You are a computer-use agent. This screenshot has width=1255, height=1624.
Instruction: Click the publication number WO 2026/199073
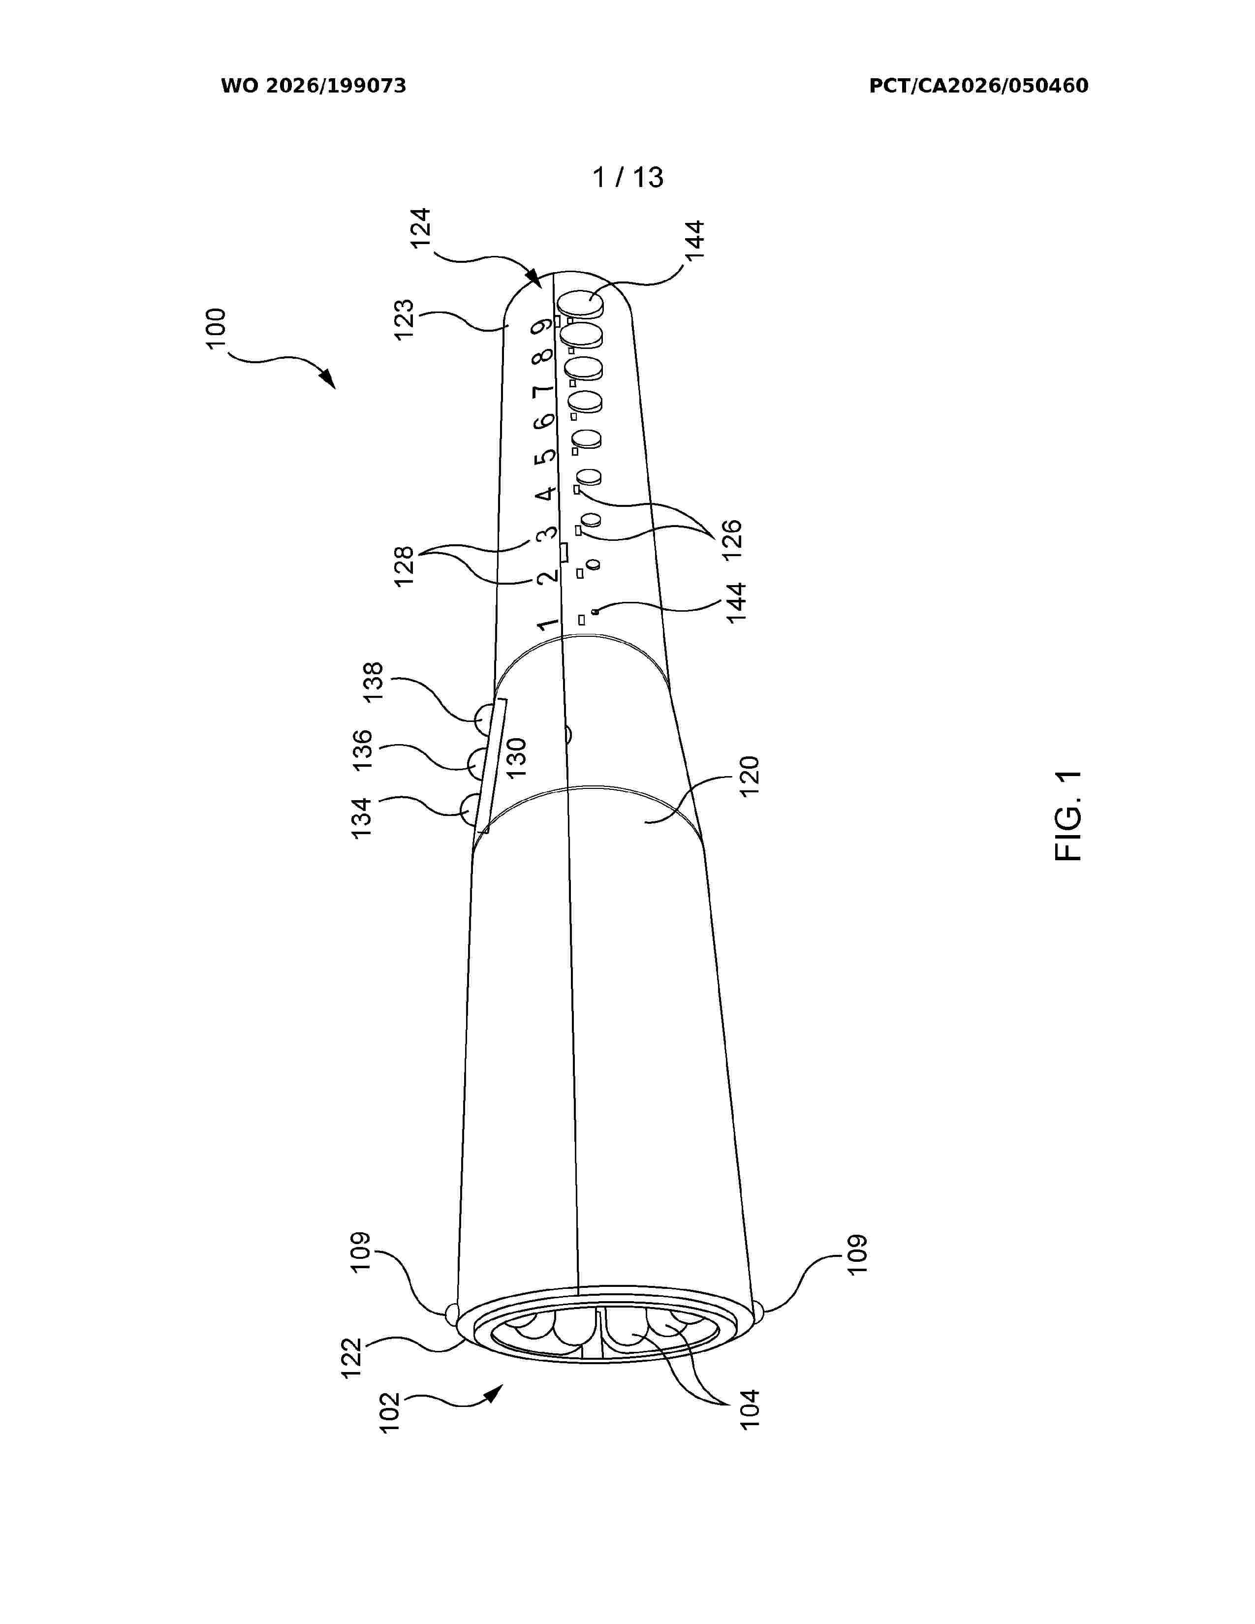click(314, 86)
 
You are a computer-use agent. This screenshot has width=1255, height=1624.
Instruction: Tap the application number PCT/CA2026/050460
click(978, 86)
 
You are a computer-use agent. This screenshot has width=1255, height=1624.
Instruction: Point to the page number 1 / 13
click(627, 178)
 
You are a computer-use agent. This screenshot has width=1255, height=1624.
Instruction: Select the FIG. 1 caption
click(1068, 816)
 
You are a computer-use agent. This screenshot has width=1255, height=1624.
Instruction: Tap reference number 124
click(420, 229)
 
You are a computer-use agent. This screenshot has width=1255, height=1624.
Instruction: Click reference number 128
click(404, 566)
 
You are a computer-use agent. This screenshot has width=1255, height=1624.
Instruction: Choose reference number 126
click(731, 539)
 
